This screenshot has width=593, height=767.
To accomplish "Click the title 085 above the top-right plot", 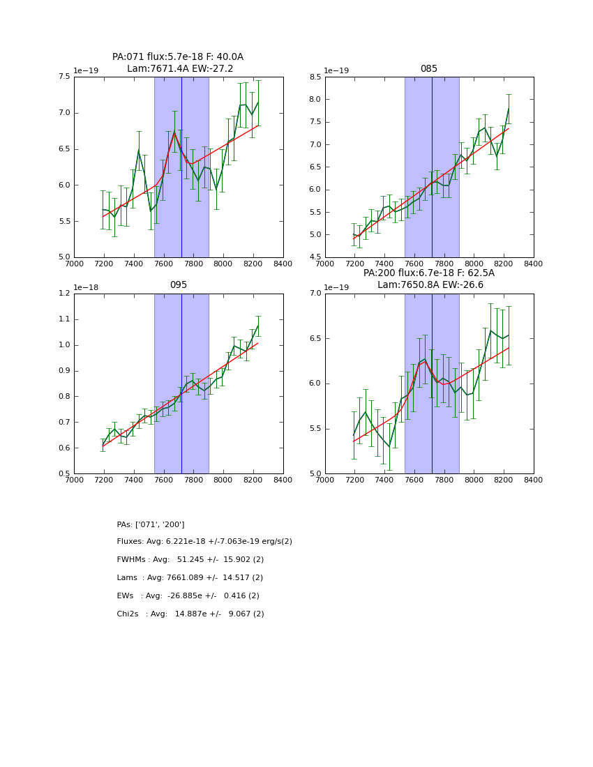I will [428, 69].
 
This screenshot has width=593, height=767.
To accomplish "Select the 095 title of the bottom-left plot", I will [178, 285].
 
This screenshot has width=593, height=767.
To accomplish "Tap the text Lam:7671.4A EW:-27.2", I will [180, 69].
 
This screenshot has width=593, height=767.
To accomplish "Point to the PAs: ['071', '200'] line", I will [151, 524].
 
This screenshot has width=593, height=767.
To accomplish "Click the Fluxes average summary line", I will [204, 542].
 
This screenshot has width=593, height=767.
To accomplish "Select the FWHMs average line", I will [190, 560].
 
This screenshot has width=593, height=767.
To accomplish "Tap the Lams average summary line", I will [190, 578].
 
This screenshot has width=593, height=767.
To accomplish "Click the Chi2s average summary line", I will [190, 614].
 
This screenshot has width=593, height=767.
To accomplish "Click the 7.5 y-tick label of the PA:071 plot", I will [63, 77].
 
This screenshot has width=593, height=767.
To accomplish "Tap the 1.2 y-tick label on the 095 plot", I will [63, 294].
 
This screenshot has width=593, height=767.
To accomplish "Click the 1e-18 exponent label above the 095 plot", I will [86, 287].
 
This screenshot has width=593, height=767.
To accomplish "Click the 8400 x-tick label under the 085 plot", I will [534, 264].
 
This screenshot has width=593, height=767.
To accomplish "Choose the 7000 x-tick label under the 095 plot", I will [74, 480].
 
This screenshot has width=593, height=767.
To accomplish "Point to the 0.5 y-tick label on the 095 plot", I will [63, 474].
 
